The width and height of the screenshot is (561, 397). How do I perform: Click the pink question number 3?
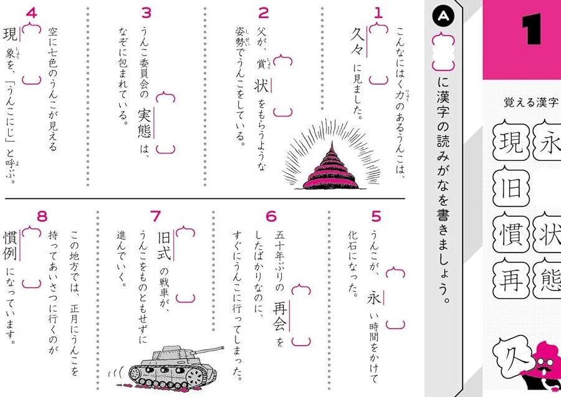tap(146, 12)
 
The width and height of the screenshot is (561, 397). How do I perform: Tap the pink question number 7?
tap(155, 216)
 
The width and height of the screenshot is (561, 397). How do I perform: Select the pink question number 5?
tap(376, 216)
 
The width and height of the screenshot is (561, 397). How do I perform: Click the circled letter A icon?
tap(443, 16)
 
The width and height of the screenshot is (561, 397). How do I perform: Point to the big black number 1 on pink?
tap(532, 30)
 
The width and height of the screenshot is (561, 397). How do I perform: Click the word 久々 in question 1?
tap(357, 42)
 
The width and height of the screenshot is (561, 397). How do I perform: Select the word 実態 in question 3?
tap(145, 123)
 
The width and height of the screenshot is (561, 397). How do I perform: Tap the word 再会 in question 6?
tap(280, 316)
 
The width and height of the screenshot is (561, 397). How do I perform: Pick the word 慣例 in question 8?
tap(10, 245)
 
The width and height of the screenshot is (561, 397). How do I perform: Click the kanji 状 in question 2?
tap(261, 85)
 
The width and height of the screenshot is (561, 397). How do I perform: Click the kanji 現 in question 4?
tap(10, 34)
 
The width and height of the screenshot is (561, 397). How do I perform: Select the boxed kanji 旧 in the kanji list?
tap(511, 188)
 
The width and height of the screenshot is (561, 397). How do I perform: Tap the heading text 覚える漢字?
tap(531, 103)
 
